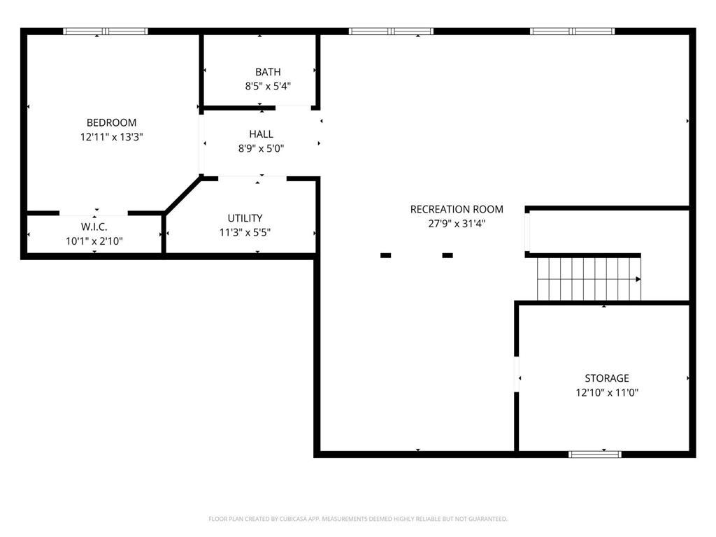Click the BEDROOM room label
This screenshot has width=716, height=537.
(111, 122)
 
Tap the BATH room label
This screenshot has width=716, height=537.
(268, 72)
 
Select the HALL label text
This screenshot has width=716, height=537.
(262, 134)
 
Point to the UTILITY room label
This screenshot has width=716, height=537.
(245, 218)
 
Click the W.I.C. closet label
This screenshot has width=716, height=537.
(94, 227)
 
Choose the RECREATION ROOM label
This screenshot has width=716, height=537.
(457, 209)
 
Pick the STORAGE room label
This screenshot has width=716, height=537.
(607, 378)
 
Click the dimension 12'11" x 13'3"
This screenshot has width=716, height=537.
(112, 136)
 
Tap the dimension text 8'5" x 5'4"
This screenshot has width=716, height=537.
(268, 86)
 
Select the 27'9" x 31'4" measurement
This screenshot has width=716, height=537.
(457, 223)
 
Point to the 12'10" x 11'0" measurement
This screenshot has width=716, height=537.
(607, 392)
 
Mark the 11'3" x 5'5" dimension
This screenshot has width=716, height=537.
(245, 232)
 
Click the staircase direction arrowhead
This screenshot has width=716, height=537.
(638, 279)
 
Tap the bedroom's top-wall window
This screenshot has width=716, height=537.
(106, 31)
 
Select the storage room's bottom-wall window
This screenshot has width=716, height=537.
(595, 454)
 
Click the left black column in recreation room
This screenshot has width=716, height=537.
(386, 255)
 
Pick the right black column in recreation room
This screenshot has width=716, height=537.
(447, 255)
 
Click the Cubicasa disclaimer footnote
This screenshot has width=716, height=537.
(358, 519)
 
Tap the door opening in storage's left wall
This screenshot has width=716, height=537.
(517, 374)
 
